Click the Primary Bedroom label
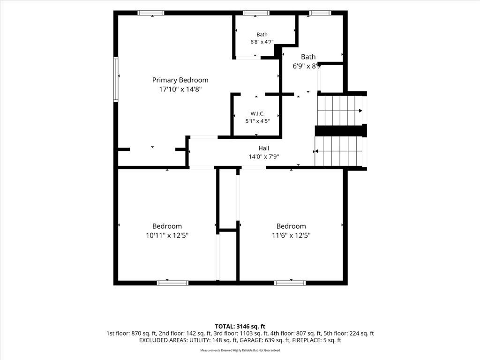point(180,80)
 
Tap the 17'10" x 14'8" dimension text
point(180,90)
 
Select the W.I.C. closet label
point(257,113)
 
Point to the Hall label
point(263,148)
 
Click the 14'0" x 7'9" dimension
point(263,157)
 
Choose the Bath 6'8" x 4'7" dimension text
point(262,42)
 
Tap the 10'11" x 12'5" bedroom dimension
point(167,235)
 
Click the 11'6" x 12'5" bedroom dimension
point(291,235)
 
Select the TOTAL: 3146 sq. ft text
point(240,326)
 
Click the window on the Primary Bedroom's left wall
point(116,79)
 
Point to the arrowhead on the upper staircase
point(360,111)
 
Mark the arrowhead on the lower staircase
point(316,151)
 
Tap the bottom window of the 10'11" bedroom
point(172,283)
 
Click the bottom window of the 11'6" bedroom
point(290,283)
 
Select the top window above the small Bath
point(256,13)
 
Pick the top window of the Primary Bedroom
point(150,13)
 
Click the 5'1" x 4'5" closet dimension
point(257,121)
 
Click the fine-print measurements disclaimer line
point(240,350)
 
